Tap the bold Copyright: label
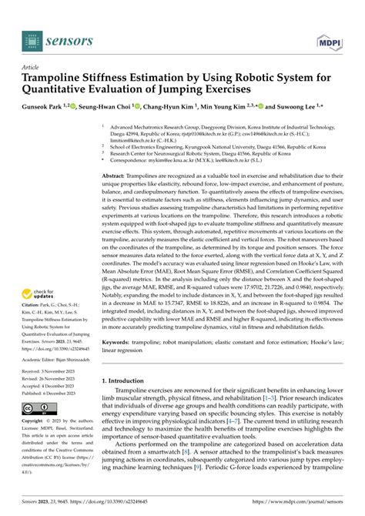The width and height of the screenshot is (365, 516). (x=35, y=421)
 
